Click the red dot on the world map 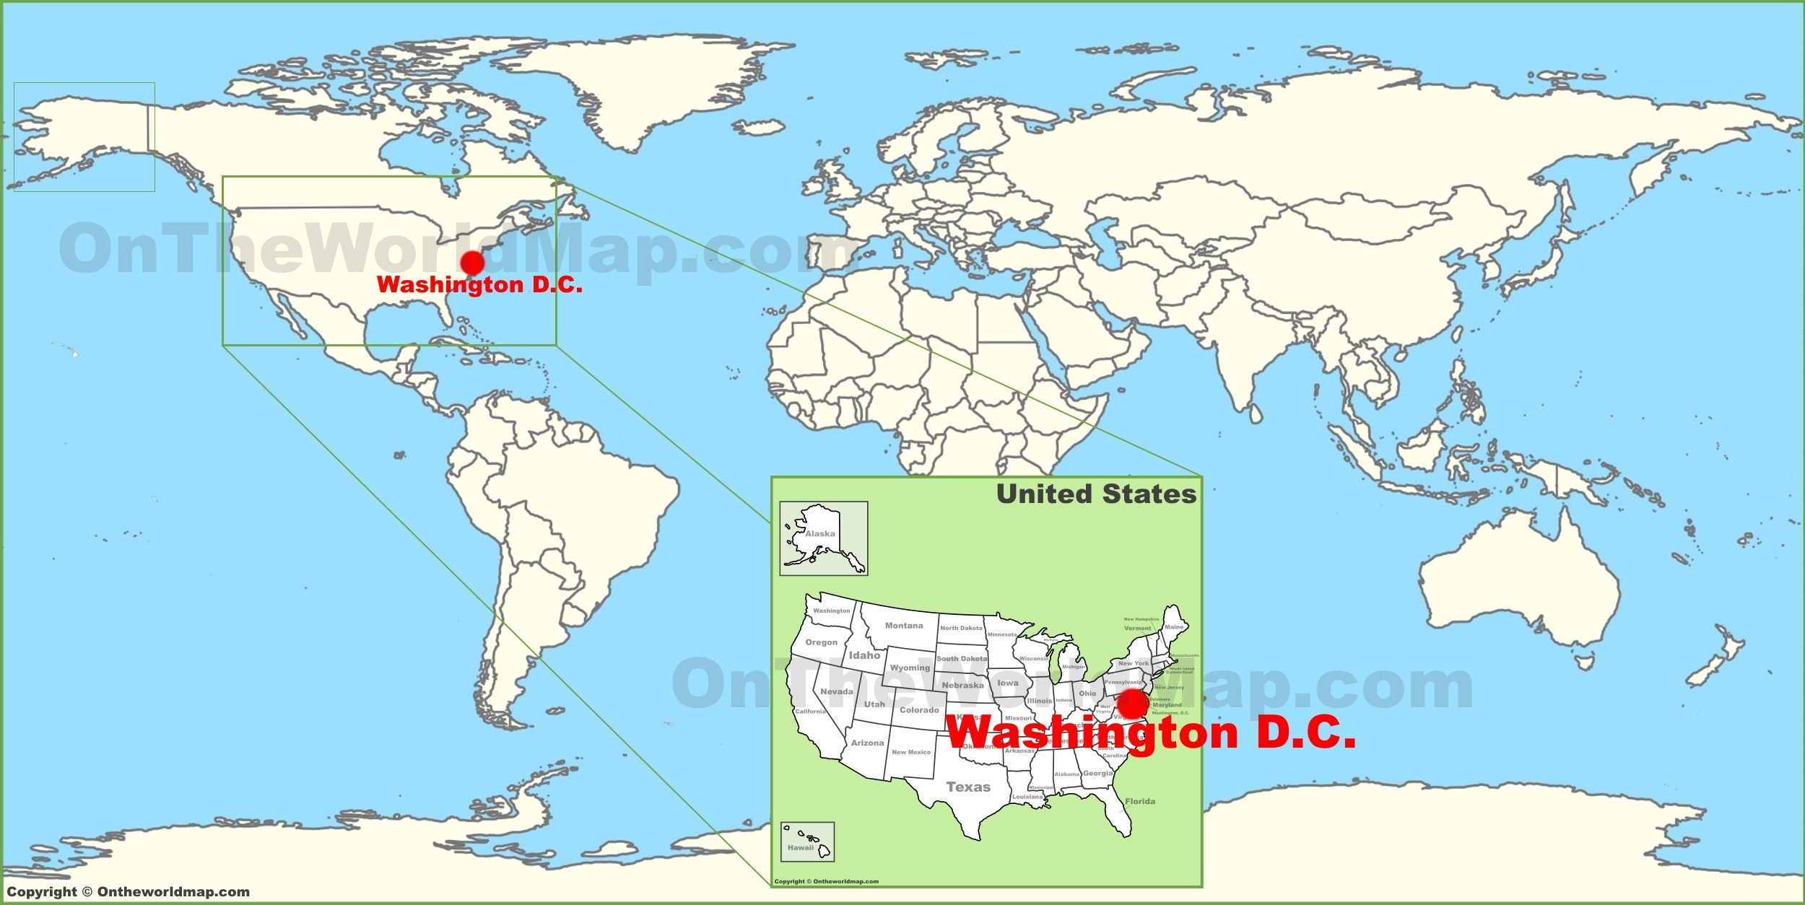click(x=472, y=263)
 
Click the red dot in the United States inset click(x=1132, y=704)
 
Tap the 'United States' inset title click(x=1096, y=494)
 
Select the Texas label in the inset click(x=968, y=787)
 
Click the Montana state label click(x=904, y=626)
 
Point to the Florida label click(x=1140, y=802)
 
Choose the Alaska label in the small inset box click(x=820, y=534)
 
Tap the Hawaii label click(x=801, y=848)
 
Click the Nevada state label click(x=837, y=691)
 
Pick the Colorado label click(x=919, y=710)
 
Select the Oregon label click(x=822, y=642)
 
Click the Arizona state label click(x=867, y=743)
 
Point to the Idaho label click(x=864, y=655)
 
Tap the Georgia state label click(x=1098, y=774)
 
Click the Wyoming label click(x=910, y=668)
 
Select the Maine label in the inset click(x=1174, y=627)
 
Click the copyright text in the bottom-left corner click(x=129, y=892)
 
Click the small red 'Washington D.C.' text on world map click(x=479, y=285)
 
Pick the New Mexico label click(x=911, y=752)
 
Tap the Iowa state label click(x=1008, y=683)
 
